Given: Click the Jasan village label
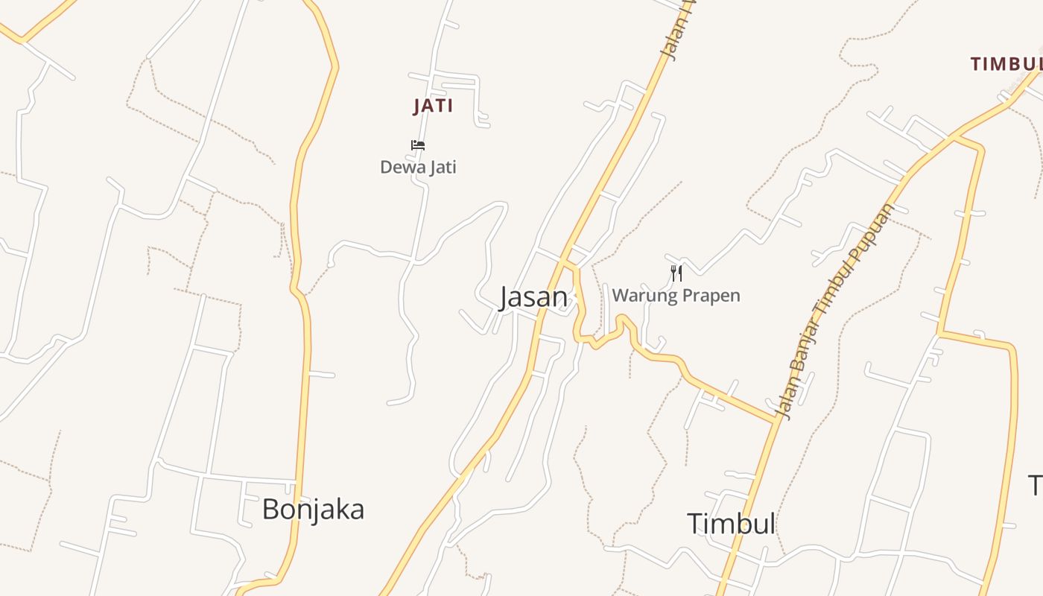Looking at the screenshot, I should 533,297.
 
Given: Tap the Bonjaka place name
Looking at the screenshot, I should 313,510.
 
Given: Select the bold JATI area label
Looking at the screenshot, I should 433,106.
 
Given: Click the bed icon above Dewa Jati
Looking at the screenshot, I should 418,145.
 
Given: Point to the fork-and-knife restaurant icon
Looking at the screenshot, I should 676,273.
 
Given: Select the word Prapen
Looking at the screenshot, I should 711,297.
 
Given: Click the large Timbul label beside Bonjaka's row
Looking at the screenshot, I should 731,524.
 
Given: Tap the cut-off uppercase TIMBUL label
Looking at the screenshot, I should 1006,64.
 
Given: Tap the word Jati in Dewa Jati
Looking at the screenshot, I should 440,168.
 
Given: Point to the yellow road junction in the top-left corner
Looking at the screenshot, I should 21,39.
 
